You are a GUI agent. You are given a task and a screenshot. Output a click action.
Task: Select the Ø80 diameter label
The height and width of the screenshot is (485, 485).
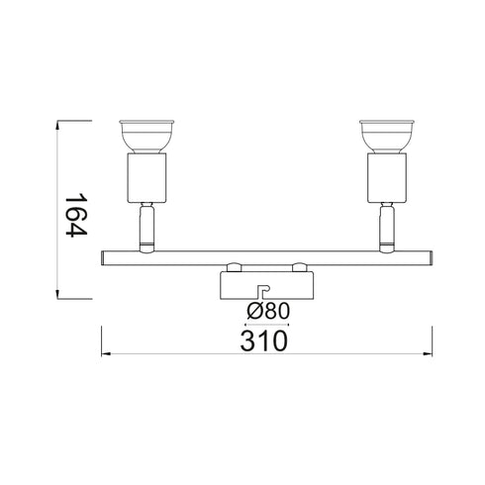coord(266,310)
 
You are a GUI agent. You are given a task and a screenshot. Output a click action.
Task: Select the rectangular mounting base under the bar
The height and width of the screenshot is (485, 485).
coord(266,284)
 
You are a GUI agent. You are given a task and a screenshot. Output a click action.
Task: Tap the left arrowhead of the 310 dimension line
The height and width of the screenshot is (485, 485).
coord(105,354)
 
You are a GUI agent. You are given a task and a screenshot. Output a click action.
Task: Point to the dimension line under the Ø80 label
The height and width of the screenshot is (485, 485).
coord(266,323)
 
